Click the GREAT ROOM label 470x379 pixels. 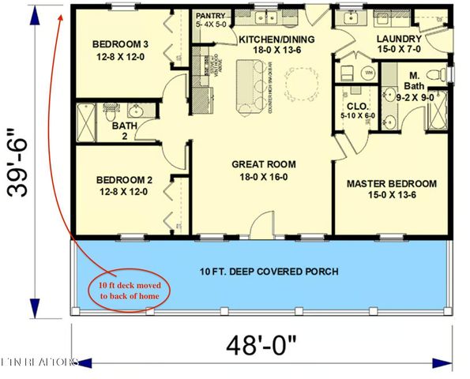pos(263,164)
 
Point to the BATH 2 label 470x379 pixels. pos(122,126)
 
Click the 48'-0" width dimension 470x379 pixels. pos(261,345)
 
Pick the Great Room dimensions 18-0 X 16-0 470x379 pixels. pos(263,178)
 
